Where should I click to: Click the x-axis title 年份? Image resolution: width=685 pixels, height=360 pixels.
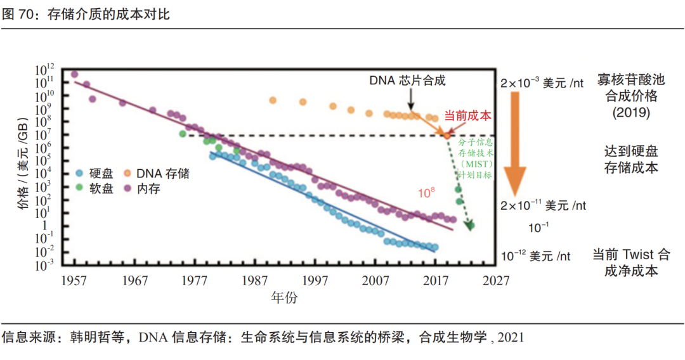pos(284,297)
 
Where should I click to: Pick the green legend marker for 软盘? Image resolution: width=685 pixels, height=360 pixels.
pos(79,188)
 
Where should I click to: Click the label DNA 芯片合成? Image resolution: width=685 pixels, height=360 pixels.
pos(408,80)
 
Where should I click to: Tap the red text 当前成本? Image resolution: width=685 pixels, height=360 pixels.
pos(468,115)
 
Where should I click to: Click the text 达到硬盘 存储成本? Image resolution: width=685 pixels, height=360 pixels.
pos(631,159)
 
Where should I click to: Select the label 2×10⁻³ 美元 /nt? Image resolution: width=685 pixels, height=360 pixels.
pos(543,83)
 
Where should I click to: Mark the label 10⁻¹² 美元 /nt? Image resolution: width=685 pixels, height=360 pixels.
pos(535,256)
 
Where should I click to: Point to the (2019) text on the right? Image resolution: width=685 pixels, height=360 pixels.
pos(631,113)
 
